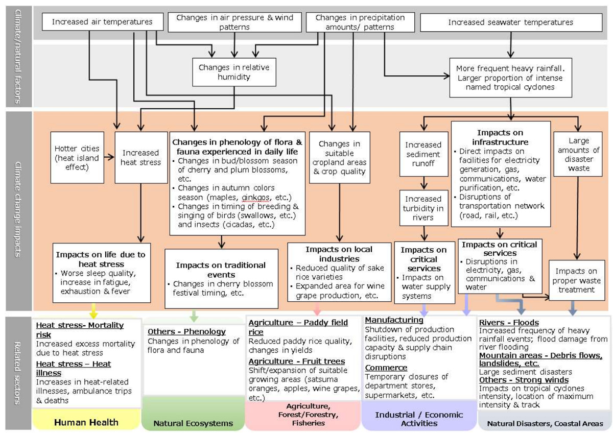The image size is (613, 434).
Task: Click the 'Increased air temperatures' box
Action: click(102, 22)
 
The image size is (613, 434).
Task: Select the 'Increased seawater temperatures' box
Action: click(510, 22)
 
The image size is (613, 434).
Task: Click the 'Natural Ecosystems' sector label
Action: click(194, 423)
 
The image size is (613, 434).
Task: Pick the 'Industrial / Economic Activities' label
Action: click(419, 419)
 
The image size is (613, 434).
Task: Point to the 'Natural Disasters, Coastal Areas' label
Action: click(545, 423)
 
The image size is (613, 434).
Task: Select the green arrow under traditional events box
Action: click(193, 311)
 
